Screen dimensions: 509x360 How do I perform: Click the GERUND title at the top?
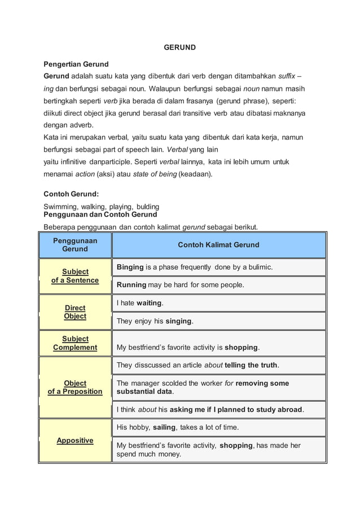point(179,47)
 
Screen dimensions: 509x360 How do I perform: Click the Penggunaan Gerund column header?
point(75,245)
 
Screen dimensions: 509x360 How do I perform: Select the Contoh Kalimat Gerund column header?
point(218,245)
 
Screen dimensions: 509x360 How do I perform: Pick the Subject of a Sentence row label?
point(75,276)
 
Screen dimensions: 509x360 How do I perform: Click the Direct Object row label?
point(75,312)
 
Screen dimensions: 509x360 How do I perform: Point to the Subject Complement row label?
point(75,343)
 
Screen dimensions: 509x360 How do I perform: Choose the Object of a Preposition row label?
point(75,387)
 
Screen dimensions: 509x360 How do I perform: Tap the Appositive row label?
point(75,440)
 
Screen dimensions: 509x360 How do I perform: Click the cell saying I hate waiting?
point(140,303)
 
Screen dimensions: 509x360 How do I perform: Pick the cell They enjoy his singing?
point(155,321)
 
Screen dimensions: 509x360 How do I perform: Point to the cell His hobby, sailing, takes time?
point(178,427)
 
